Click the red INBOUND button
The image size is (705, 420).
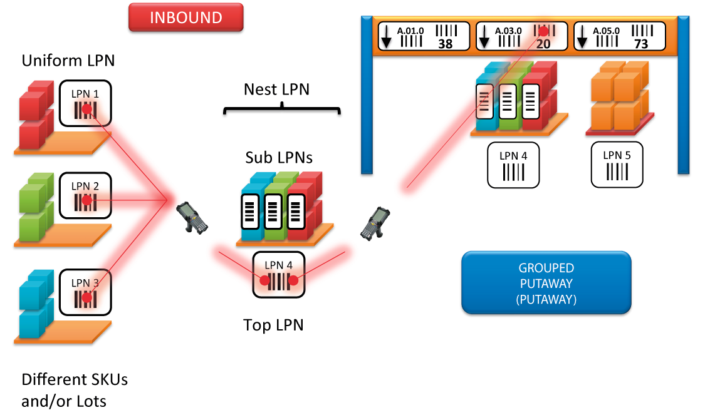pos(185,18)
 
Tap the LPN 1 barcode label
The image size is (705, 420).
pos(85,103)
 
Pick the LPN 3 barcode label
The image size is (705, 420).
pos(85,292)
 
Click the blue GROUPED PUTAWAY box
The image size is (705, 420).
pos(546,283)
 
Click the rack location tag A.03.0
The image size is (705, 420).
pos(521,36)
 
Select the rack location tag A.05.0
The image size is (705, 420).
pos(620,36)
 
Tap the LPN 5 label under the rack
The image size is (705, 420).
pos(617,164)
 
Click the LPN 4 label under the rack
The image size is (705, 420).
pos(513,164)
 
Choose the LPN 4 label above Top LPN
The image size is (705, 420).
pos(278,274)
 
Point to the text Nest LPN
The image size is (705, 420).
pos(276,90)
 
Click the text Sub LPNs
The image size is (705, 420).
pos(279,158)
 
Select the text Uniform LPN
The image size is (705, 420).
pos(68,61)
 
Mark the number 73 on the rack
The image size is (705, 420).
pos(640,44)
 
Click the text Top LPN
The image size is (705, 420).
pos(273,325)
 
